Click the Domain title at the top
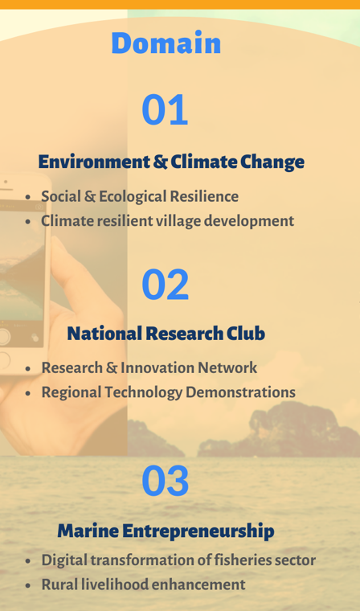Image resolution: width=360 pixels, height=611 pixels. pos(166,43)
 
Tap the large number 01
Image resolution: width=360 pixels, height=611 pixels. pos(165,109)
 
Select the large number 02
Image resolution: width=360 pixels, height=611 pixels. pos(166,284)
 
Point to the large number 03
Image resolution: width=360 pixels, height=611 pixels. pos(166,480)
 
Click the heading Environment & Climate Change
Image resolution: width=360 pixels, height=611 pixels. pos(171,162)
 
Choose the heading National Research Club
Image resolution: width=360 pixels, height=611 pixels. pos(166,334)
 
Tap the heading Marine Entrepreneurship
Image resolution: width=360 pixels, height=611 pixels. pos(166,531)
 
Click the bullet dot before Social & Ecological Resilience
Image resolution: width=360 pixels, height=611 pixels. pos(27,197)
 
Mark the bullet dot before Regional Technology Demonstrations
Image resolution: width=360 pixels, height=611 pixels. pos(27,393)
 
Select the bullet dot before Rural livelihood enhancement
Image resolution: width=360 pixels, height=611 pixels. pos(27,585)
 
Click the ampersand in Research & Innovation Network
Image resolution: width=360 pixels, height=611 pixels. pos(111,368)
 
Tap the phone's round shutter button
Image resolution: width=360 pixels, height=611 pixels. pos(3,337)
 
